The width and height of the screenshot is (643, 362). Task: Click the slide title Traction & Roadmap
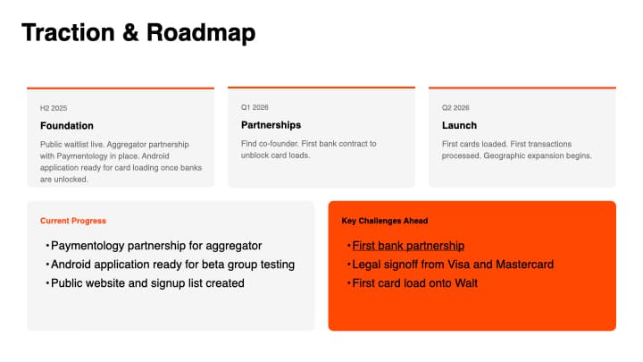pos(138,32)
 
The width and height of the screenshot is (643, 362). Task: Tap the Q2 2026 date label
pos(455,106)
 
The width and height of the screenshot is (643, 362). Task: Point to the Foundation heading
pos(66,125)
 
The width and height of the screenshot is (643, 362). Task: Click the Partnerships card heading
pos(271,125)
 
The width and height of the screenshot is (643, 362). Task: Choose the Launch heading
pos(459,125)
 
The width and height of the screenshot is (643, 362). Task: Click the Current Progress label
pos(72,221)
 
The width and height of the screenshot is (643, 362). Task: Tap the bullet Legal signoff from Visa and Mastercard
pos(453,265)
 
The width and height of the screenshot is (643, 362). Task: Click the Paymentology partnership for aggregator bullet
pos(156,246)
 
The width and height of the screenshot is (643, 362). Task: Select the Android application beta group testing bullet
pos(172,265)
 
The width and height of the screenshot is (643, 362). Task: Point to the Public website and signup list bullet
pos(147,283)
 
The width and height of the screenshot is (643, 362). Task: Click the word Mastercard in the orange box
pos(523,265)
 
